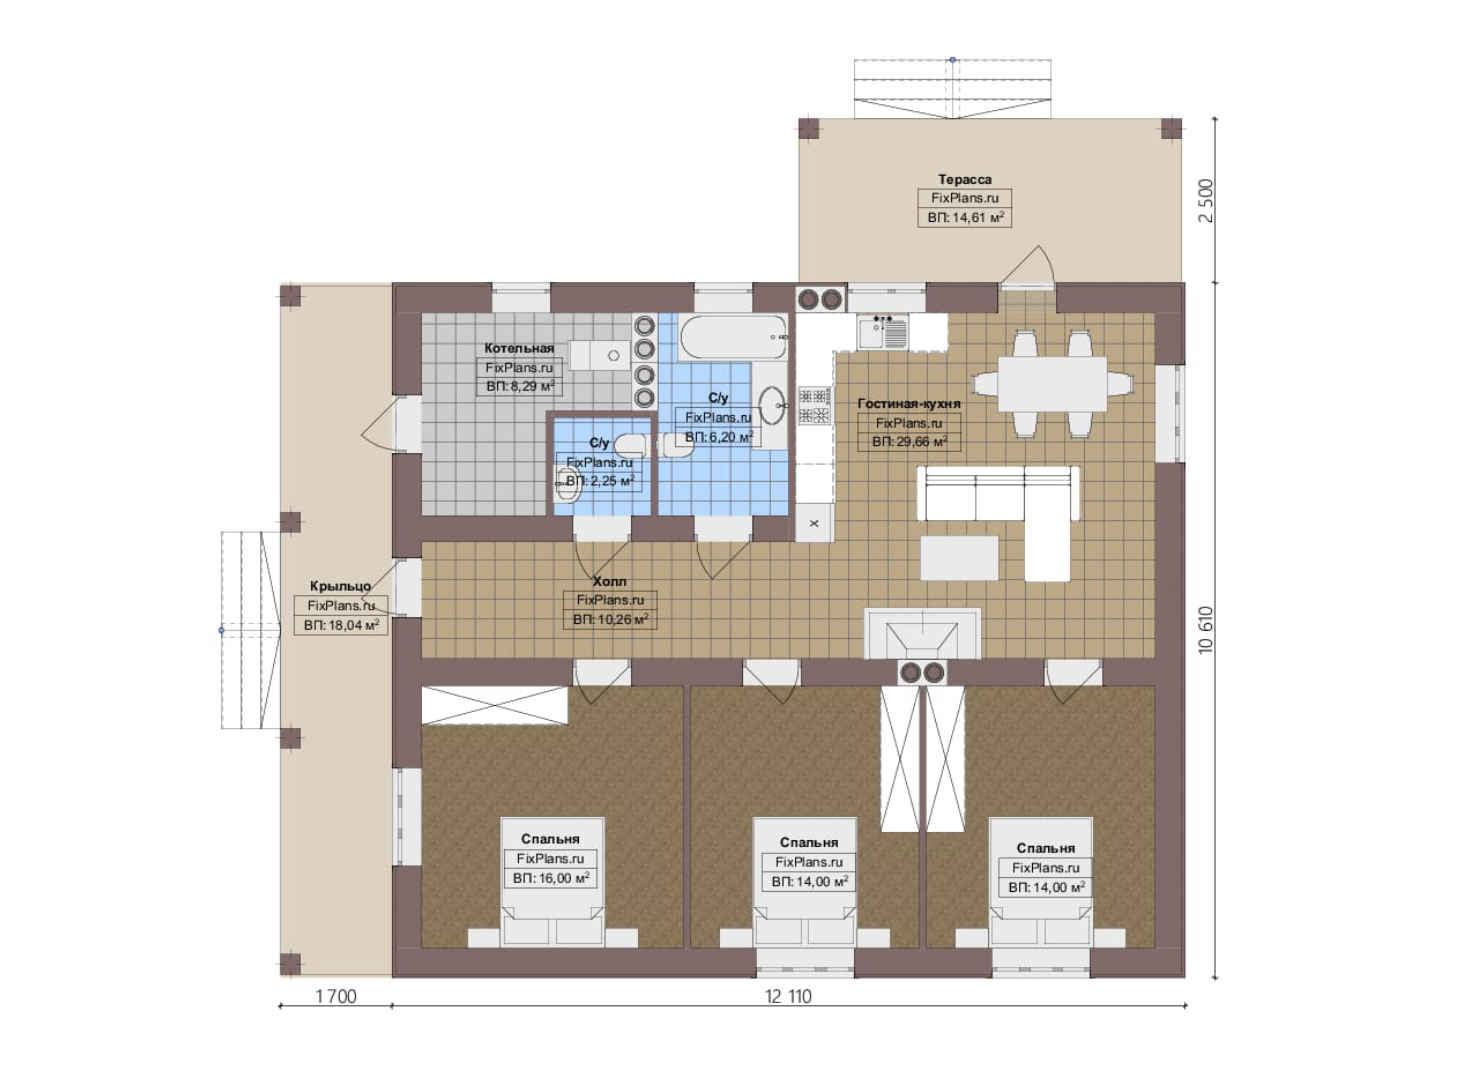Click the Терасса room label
(x=965, y=179)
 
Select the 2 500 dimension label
(x=1206, y=201)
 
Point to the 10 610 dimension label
(x=1206, y=629)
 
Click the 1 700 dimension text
(x=336, y=996)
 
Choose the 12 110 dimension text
(x=788, y=996)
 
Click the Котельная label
(x=519, y=348)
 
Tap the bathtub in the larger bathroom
(x=733, y=337)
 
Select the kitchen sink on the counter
(x=883, y=331)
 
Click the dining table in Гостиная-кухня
(x=1052, y=384)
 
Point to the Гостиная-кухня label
(x=909, y=403)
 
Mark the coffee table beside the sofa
(x=959, y=557)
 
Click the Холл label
(x=609, y=581)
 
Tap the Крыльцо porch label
(x=340, y=586)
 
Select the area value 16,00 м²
(x=551, y=878)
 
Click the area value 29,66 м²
(x=909, y=442)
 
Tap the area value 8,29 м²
(x=520, y=386)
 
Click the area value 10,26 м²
(x=610, y=619)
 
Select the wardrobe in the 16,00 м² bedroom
(x=494, y=706)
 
